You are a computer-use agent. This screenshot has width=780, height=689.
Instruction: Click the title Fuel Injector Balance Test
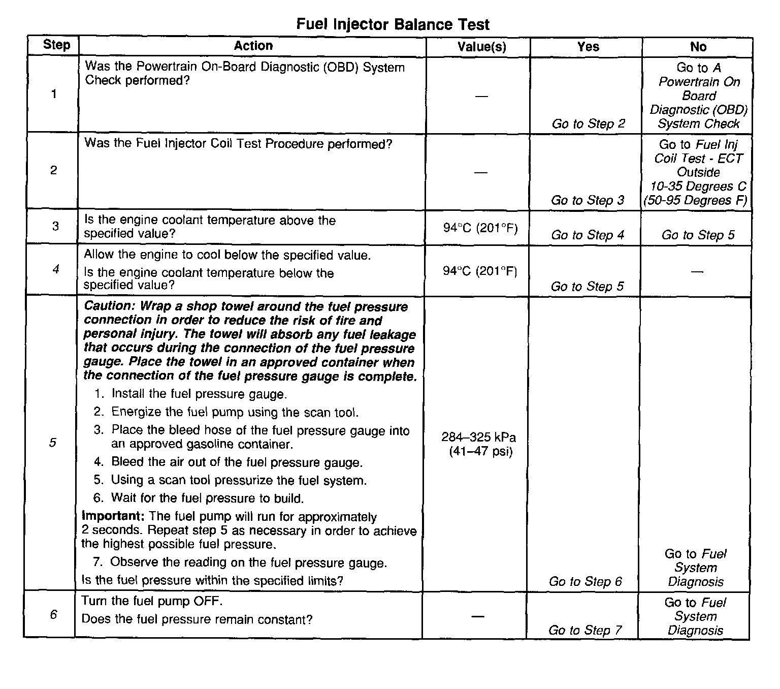point(393,24)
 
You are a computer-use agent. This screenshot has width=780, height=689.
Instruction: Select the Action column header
point(253,46)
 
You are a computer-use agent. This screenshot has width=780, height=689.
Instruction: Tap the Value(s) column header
point(481,47)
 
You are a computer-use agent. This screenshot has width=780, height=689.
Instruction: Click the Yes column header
point(588,47)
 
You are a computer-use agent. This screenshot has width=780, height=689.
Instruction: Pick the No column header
point(698,47)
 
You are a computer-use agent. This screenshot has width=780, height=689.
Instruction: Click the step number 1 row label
point(54,94)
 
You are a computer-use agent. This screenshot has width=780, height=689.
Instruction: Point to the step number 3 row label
point(55,226)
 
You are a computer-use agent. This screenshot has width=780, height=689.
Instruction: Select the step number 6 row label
point(53,615)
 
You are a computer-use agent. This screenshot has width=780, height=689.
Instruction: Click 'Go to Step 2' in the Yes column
point(588,124)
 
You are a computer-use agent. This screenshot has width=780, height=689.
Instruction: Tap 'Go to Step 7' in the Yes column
point(585,631)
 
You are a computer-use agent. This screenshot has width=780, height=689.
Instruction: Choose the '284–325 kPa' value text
point(478,437)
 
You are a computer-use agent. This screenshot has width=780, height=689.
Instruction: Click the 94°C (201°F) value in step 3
point(480,228)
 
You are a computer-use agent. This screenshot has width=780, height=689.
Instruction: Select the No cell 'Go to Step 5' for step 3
point(698,235)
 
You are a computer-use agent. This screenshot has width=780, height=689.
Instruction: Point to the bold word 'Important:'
point(114,516)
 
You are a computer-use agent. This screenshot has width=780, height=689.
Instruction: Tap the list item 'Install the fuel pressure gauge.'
point(199,394)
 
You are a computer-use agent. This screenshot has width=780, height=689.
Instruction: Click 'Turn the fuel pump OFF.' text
point(152,601)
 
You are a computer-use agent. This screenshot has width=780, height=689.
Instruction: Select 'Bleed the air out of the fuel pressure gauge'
point(237,462)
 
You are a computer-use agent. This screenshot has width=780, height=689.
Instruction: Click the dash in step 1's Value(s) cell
point(481,96)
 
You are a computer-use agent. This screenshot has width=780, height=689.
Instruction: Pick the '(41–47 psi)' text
point(480,451)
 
